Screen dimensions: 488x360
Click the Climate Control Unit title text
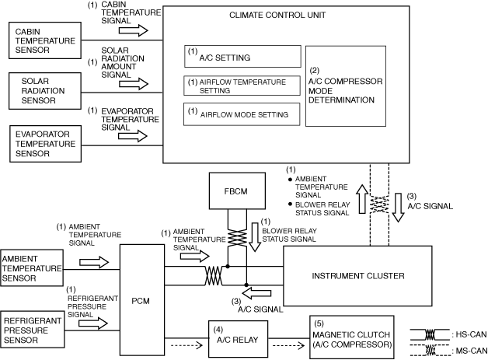click(277, 15)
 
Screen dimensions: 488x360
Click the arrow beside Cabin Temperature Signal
click(134, 30)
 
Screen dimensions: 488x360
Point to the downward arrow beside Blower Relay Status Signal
click(255, 237)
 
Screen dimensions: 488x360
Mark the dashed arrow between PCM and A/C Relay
click(186, 345)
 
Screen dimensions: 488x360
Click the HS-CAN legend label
click(471, 335)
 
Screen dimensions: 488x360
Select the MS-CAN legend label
click(471, 351)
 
